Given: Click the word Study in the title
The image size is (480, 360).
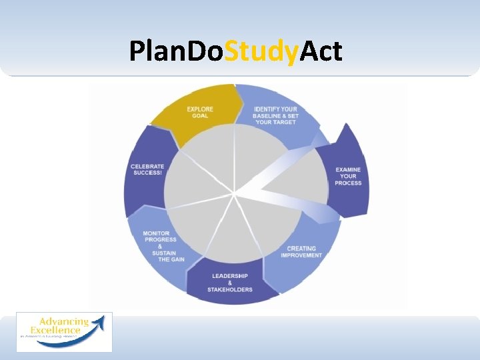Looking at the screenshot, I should (261, 51).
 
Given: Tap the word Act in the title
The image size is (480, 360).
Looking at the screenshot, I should (321, 51).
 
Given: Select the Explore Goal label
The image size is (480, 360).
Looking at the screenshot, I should (200, 112).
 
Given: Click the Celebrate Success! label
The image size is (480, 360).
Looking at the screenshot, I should (147, 169).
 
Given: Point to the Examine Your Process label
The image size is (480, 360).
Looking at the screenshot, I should (349, 176).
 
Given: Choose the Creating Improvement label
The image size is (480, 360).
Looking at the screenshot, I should (301, 252).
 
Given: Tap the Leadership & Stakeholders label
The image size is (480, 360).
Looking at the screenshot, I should (230, 283).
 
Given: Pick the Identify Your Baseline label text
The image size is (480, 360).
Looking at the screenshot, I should (276, 115).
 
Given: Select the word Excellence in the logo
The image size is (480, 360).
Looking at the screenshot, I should (56, 329).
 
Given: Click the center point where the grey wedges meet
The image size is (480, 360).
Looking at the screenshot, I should (235, 194).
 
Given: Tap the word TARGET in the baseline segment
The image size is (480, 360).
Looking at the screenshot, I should (284, 123).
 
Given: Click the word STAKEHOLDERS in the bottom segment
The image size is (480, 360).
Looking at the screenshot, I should (230, 289).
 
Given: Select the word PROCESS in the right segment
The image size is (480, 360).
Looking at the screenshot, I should (349, 183).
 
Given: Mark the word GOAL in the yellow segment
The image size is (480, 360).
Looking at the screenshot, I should (200, 116).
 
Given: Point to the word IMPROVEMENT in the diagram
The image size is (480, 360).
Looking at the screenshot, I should (301, 255).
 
